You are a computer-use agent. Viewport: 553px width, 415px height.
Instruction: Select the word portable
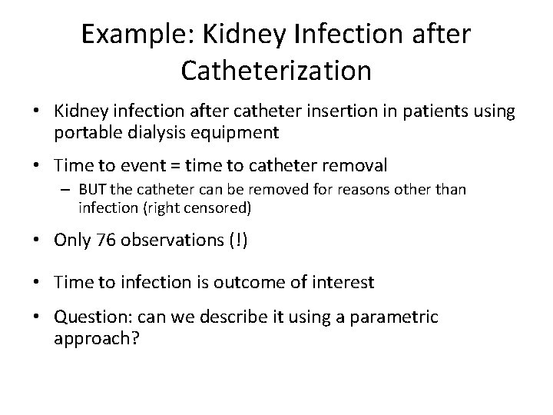point(84,132)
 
